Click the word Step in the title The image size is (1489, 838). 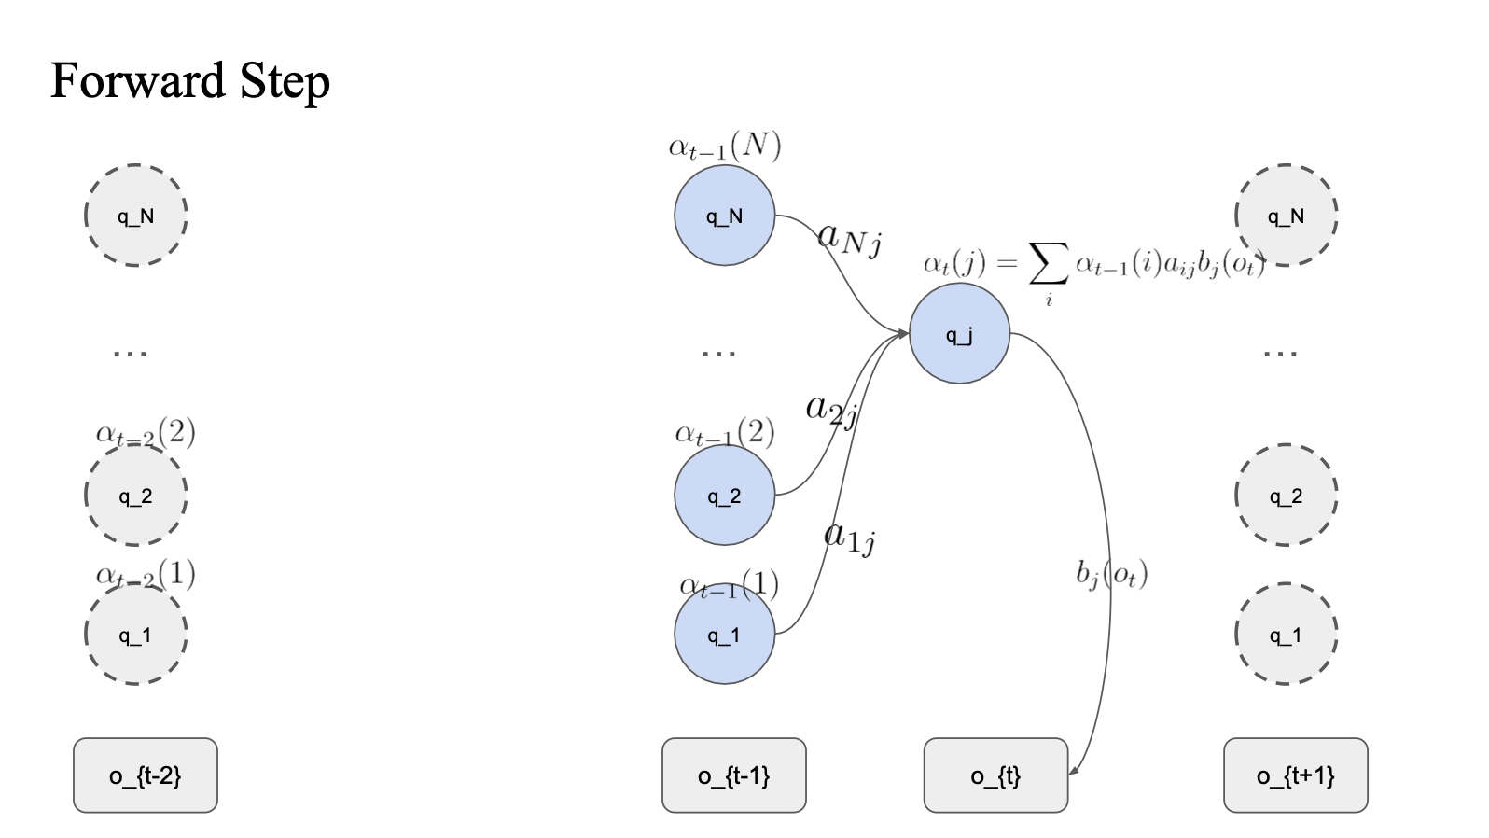285,82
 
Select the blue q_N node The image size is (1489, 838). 724,216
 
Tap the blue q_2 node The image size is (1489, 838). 724,496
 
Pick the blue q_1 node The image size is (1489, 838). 724,635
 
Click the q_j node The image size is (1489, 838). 959,334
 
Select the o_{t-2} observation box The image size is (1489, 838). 146,775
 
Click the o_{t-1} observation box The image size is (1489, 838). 734,775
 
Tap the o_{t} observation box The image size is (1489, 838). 995,775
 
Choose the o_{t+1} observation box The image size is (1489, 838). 1296,775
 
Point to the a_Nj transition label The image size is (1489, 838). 849,238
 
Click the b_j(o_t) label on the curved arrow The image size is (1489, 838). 1111,573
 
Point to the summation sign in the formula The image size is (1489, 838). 1048,265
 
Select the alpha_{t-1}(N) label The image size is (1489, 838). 725,146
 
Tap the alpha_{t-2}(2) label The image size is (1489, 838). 146,432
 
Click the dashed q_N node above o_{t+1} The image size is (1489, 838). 1286,216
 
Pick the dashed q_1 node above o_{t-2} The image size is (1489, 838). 136,635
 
